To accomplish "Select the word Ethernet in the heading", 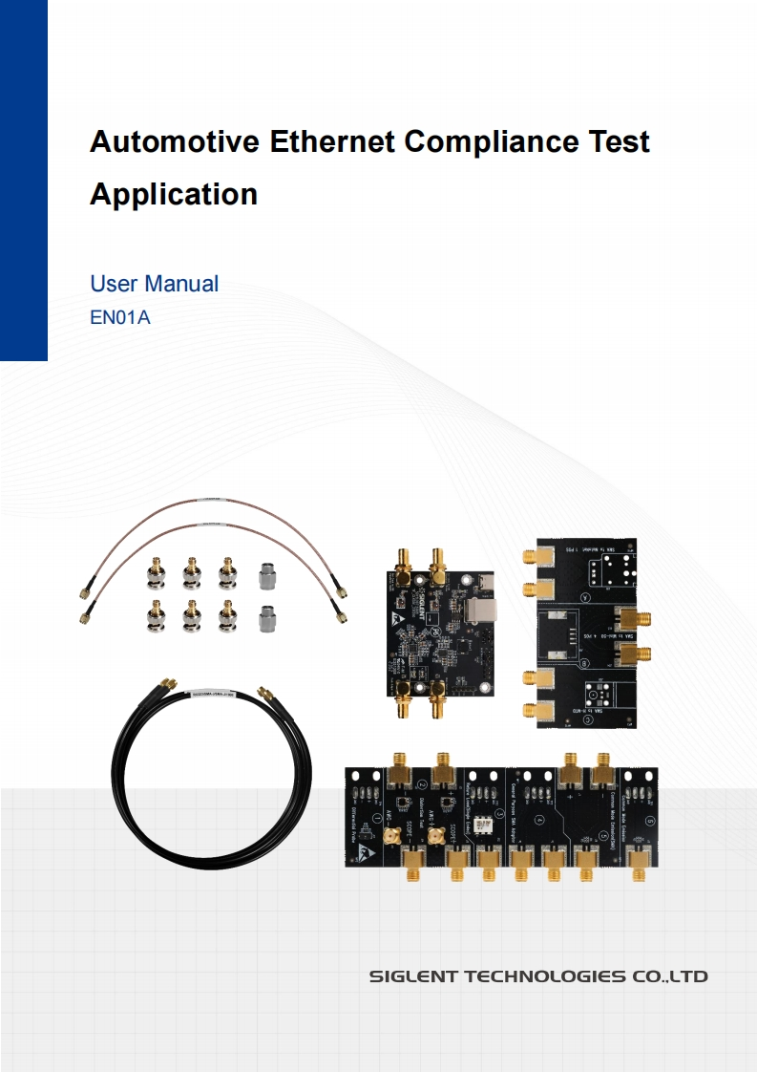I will coord(331,142).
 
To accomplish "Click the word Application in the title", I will coord(174,194).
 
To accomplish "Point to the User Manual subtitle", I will coord(154,284).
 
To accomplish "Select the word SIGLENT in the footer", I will coord(413,976).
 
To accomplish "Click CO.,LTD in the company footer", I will coord(669,976).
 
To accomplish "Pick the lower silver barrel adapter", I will coord(268,618).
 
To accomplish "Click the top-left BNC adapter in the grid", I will coord(154,573).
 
